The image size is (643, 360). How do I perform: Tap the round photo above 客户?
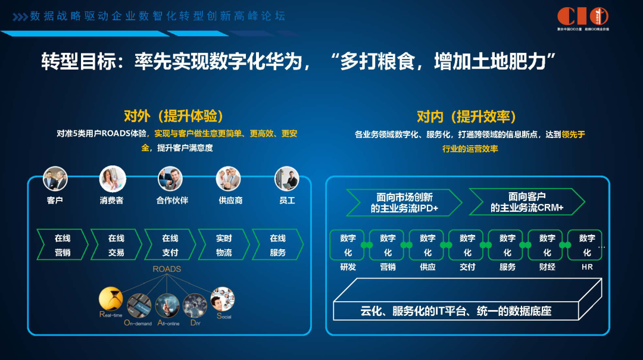coord(55,179)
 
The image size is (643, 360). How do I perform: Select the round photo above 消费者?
coord(113,179)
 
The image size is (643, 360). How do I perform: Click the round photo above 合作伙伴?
coord(170,179)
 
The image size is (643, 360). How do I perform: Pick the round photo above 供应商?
coord(228,179)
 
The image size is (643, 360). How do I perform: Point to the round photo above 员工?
coord(286,179)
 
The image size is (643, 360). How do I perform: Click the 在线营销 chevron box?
coord(63,245)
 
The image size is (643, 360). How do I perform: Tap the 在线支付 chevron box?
coord(170,245)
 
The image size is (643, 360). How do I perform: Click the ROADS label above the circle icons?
coord(167,269)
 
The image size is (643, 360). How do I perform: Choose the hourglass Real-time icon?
coord(111,299)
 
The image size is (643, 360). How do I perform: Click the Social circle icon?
coord(223,299)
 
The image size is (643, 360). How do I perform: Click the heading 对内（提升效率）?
coord(466,116)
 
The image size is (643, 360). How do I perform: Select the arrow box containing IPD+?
coord(404,202)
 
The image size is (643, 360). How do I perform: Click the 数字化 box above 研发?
coord(348,245)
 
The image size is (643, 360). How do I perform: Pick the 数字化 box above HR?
coord(586,245)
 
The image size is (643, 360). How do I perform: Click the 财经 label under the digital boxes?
coord(547,267)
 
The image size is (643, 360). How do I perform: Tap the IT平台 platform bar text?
coord(455,311)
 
